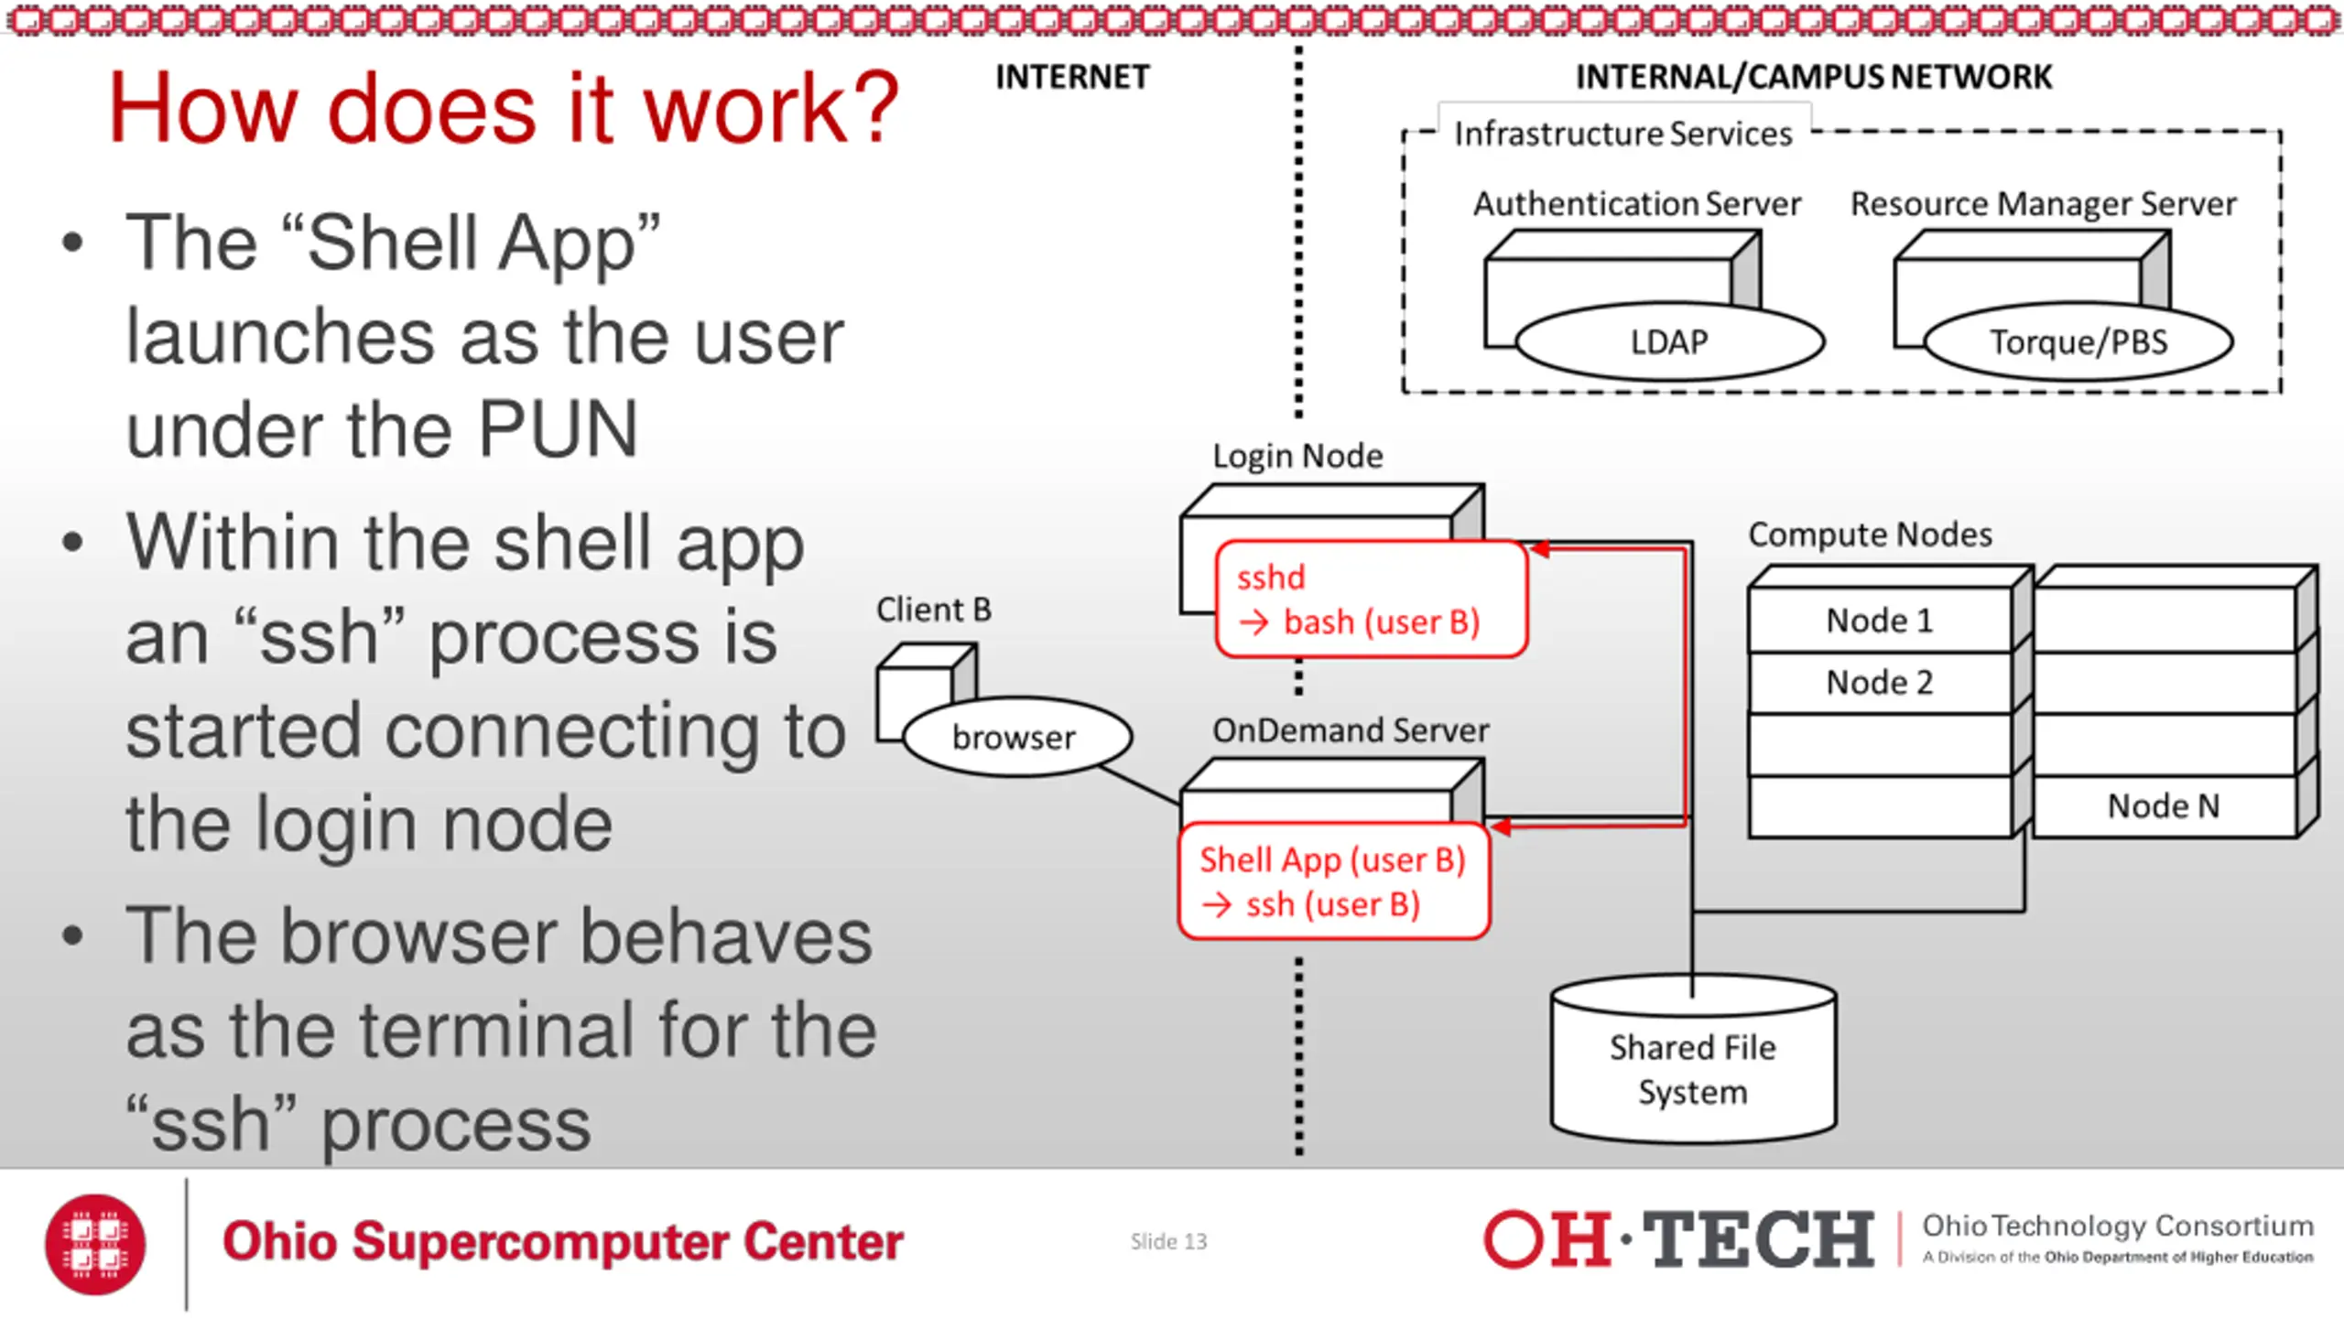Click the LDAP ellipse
(x=1669, y=341)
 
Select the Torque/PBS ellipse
(x=2078, y=341)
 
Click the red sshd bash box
(x=1372, y=600)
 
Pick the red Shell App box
(x=1334, y=881)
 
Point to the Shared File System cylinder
(x=1693, y=1059)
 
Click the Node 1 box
(x=1880, y=621)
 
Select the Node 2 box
(x=1880, y=683)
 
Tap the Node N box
(x=2165, y=806)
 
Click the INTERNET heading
(x=1072, y=77)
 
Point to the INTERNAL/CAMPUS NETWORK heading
(x=1814, y=77)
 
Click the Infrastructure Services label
(x=1623, y=134)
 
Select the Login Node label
(x=1297, y=456)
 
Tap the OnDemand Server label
(x=1351, y=730)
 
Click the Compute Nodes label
(x=1871, y=535)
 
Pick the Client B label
(x=934, y=610)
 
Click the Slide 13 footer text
(x=1168, y=1241)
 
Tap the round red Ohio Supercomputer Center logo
(x=95, y=1244)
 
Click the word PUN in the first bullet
(x=558, y=428)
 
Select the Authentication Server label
(x=1637, y=203)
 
